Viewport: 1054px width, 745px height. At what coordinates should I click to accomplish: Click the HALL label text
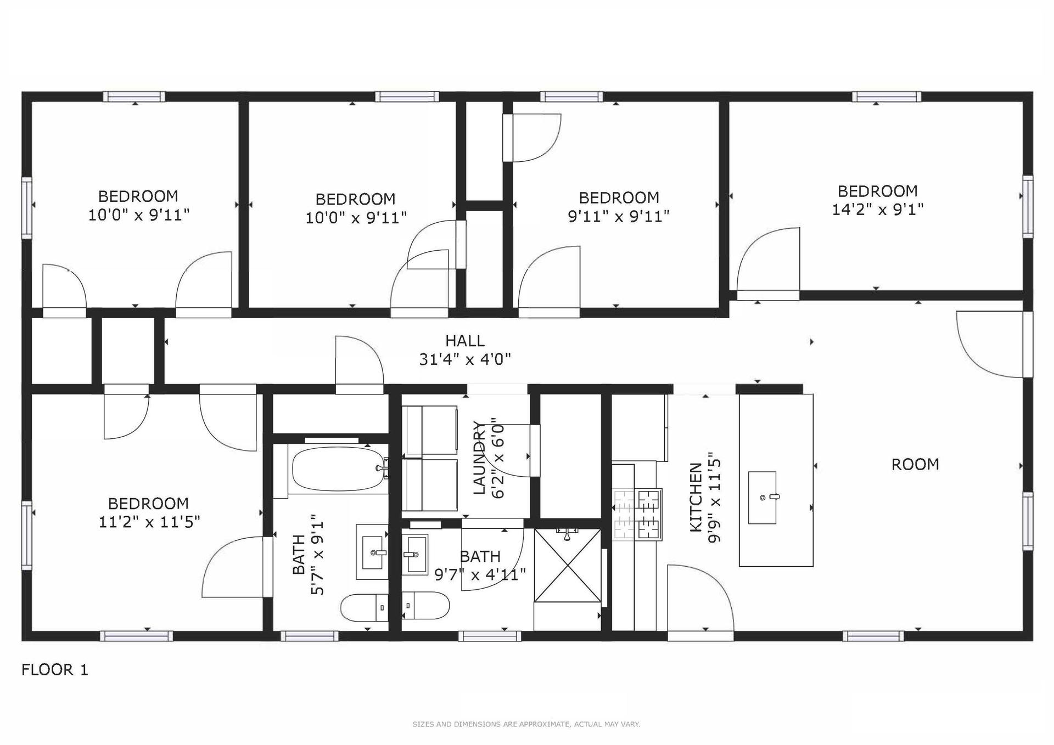point(464,341)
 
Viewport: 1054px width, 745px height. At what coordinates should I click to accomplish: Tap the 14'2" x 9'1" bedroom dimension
point(877,210)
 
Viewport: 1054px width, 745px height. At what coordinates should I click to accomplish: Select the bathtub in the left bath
point(338,469)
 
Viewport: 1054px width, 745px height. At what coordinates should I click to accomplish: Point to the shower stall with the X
point(567,565)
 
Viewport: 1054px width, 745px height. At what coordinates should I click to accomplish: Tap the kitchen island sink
point(763,498)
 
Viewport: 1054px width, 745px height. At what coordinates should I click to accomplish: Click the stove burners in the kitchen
point(637,515)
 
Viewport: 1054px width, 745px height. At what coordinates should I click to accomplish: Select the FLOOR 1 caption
point(55,670)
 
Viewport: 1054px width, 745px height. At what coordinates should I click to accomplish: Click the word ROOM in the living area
point(915,465)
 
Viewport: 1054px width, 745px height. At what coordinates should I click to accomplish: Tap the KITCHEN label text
point(696,497)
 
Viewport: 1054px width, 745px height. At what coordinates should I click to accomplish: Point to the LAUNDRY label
point(480,458)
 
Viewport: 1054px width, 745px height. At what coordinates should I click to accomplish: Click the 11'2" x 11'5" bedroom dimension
point(149,522)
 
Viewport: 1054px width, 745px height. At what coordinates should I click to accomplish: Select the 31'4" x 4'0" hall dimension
point(465,359)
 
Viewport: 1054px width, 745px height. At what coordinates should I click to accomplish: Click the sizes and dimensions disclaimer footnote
point(526,724)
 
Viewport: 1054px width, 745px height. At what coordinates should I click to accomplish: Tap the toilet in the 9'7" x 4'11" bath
point(426,605)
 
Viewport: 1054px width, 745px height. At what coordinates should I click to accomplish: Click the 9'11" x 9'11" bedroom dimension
point(619,216)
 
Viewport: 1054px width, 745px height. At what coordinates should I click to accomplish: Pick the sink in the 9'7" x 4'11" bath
point(414,555)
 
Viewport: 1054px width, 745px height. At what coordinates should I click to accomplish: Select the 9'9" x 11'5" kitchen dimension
point(714,498)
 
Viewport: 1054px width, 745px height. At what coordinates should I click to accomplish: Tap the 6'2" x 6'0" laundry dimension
point(498,460)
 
